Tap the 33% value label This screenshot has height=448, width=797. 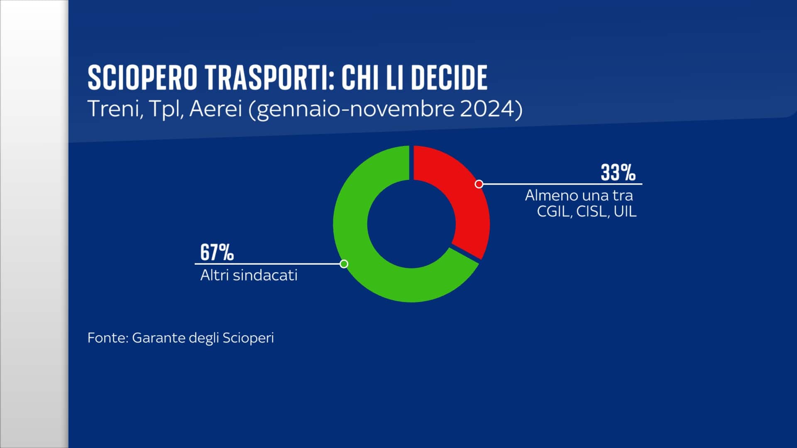tap(618, 173)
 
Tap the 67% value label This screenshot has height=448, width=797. tap(217, 252)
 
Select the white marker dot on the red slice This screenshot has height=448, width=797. tap(479, 184)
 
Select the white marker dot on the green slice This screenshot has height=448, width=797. tap(344, 264)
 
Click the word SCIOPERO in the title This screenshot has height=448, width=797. tap(142, 78)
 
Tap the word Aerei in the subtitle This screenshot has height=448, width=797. tap(215, 110)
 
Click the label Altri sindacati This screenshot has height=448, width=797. tap(249, 275)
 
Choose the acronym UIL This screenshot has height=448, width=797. tap(625, 212)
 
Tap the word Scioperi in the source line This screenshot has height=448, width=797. tap(248, 338)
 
